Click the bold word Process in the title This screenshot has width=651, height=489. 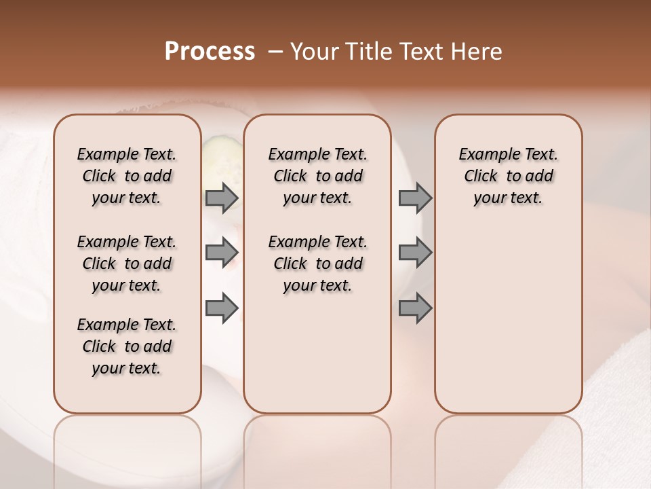point(210,52)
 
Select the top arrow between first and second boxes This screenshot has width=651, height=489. point(222,198)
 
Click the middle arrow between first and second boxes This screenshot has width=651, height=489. point(222,253)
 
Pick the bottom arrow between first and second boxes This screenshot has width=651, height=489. point(222,308)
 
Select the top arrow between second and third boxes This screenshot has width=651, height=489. point(415,198)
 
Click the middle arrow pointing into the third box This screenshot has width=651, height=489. point(415,253)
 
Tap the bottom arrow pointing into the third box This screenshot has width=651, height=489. point(415,308)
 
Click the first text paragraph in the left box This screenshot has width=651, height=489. point(127,176)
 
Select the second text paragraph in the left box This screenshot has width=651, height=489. point(127,264)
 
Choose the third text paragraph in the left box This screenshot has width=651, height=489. point(127,346)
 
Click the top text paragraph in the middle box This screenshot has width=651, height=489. point(318,176)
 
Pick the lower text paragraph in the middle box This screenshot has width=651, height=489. point(318,264)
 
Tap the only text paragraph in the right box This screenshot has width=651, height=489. point(509,176)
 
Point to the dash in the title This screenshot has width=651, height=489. point(275,52)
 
